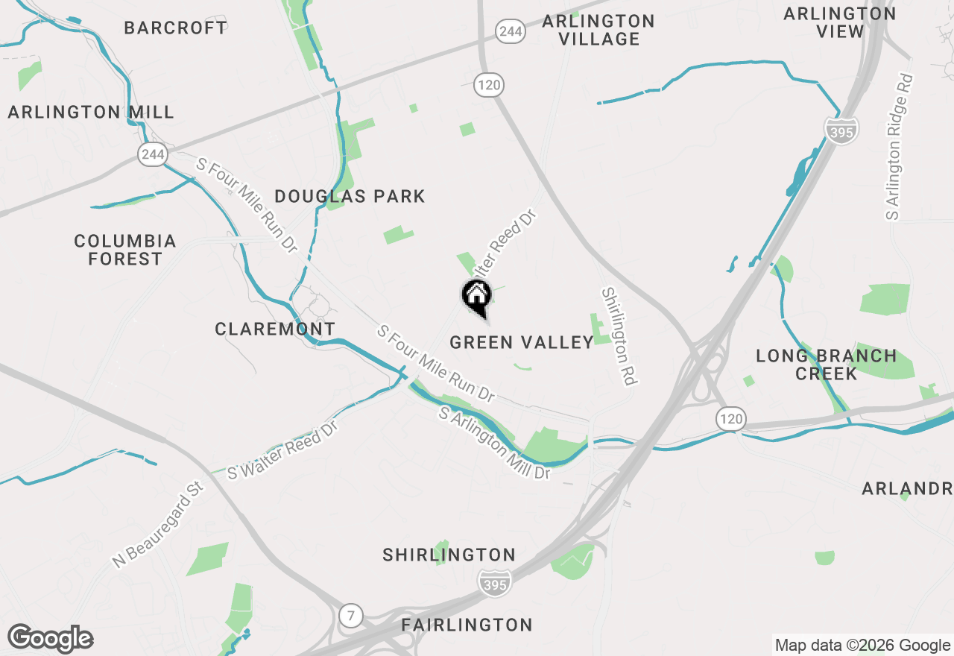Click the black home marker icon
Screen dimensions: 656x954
[476, 296]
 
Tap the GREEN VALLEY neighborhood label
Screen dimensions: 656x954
[522, 342]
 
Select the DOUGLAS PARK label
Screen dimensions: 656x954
[350, 197]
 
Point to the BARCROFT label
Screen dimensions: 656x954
[176, 28]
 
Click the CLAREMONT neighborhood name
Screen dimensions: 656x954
[275, 329]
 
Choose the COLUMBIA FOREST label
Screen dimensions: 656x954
[125, 250]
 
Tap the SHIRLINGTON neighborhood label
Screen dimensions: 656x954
[449, 555]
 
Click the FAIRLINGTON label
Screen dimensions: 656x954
[467, 625]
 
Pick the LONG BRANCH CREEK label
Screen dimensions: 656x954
[826, 365]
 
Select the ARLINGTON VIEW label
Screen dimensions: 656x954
[840, 22]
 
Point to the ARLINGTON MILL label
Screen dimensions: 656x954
[91, 113]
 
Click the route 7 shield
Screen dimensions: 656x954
[350, 616]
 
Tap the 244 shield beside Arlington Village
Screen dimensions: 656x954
[511, 31]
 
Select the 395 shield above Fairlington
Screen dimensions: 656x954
[494, 584]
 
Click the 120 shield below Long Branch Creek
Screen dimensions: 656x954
[731, 419]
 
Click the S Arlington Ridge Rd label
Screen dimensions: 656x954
[898, 146]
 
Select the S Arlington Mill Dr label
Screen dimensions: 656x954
[494, 444]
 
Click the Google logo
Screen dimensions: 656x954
[51, 639]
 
